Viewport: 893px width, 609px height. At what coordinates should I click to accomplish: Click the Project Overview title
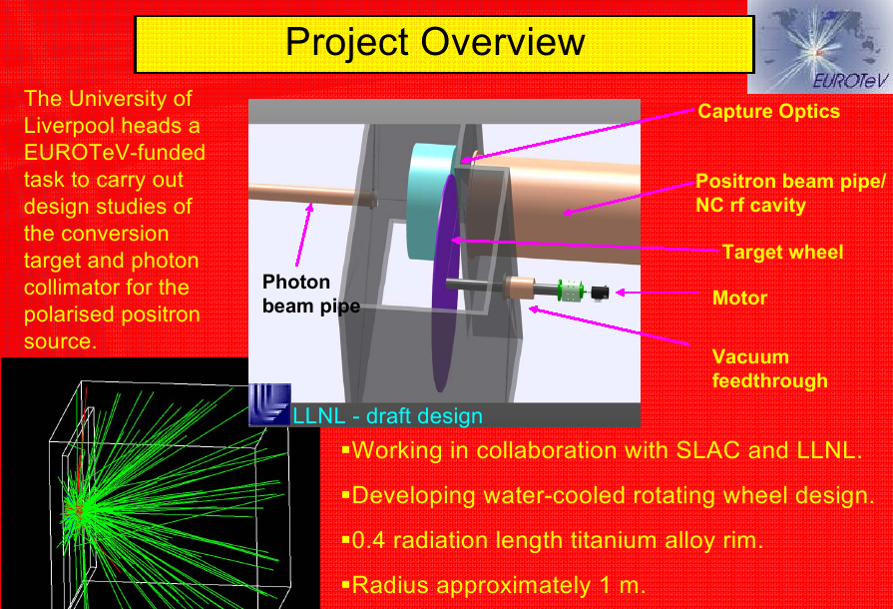[435, 42]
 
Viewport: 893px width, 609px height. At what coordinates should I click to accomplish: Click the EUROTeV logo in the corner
[820, 47]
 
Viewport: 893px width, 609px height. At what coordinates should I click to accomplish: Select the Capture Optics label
[768, 111]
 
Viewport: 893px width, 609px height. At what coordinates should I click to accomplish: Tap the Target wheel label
[782, 252]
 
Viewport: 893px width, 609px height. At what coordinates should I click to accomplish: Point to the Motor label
[739, 298]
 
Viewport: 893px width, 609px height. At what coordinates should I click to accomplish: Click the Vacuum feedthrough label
[769, 368]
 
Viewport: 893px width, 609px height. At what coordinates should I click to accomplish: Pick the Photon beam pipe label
[311, 294]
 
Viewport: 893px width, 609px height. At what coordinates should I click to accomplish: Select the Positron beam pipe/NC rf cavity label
[790, 193]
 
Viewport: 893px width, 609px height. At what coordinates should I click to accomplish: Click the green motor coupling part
[570, 290]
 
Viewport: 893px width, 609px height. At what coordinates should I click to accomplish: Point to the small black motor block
[600, 293]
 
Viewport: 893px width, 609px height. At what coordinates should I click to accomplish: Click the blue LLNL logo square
[270, 404]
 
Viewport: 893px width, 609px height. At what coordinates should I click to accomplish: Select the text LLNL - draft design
[387, 416]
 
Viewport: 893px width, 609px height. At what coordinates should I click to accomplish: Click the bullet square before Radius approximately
[345, 584]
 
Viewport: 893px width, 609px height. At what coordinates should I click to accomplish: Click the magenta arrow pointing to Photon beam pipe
[303, 235]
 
